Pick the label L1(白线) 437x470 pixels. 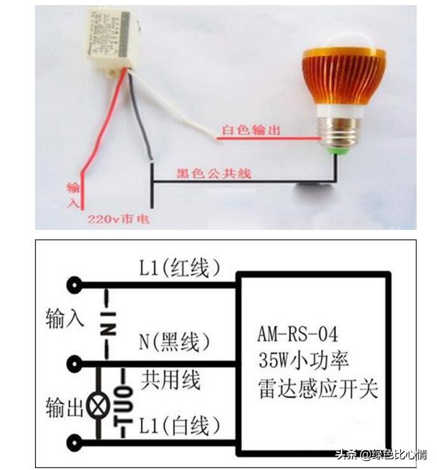[x=181, y=424]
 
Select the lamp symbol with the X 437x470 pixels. [x=98, y=405]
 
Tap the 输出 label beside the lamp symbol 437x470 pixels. [x=64, y=408]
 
